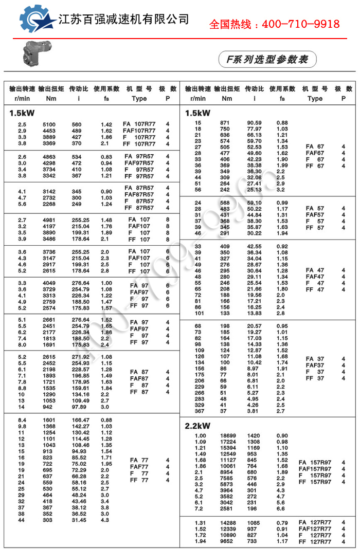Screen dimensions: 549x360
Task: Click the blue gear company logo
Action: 38,20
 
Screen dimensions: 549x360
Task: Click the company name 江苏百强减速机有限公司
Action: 123,20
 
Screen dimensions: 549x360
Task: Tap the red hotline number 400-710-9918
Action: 275,24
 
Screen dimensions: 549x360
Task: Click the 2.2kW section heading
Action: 197,426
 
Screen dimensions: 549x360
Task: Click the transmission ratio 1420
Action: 253,436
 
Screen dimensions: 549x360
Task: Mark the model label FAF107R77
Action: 139,131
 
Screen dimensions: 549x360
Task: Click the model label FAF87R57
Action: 139,195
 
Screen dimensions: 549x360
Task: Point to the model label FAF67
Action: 315,153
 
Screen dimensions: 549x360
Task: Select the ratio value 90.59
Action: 254,123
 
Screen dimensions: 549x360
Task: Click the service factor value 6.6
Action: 281,508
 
